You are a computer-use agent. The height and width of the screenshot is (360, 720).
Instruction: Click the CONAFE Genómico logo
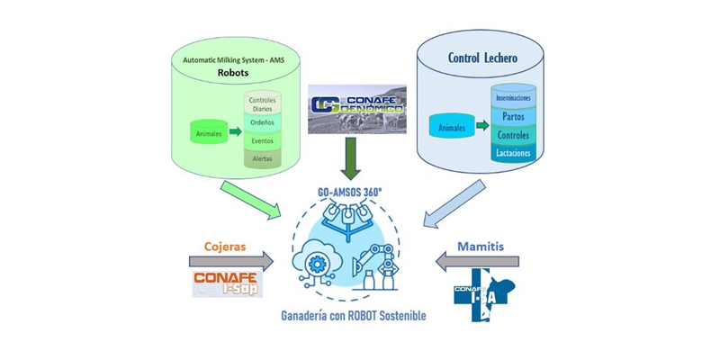tap(357, 109)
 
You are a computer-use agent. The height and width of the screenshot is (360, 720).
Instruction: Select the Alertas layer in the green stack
tap(263, 157)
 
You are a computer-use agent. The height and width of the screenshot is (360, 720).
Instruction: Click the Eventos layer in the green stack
tap(263, 140)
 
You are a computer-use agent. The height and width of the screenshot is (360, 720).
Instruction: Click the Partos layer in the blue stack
tap(514, 117)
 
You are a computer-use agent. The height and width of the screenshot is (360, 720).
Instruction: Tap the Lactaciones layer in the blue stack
tap(514, 153)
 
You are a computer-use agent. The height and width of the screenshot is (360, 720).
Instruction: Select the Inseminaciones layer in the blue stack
tap(514, 95)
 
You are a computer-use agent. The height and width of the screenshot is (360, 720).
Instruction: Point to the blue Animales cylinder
tap(453, 129)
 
